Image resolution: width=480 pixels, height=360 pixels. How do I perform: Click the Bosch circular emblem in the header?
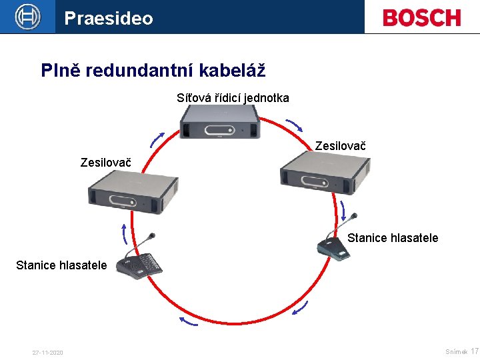pos(27,17)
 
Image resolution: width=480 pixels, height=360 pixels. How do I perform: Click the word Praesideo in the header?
pos(109,18)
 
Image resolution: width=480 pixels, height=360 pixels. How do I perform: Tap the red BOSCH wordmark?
pos(421,17)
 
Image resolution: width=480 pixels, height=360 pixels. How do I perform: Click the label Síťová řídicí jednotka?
pos(233,98)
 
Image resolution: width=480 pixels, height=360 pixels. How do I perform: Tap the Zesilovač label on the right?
pos(340,145)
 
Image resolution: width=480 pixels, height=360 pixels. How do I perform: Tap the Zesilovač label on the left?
pos(105,163)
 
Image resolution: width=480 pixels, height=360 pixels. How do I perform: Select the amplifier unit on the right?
pos(324,174)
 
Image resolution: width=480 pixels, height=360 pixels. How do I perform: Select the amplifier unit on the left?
pos(133,192)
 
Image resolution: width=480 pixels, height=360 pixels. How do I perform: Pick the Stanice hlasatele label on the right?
pos(393,238)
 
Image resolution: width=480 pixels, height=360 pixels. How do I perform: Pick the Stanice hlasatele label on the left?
pos(61,265)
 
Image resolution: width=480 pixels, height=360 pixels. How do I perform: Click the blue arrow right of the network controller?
pos(293,125)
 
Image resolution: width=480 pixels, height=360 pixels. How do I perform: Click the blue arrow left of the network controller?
pos(157,138)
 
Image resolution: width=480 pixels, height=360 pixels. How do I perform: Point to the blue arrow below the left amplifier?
pos(124,235)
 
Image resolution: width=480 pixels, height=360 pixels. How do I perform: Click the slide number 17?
pos(474,351)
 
